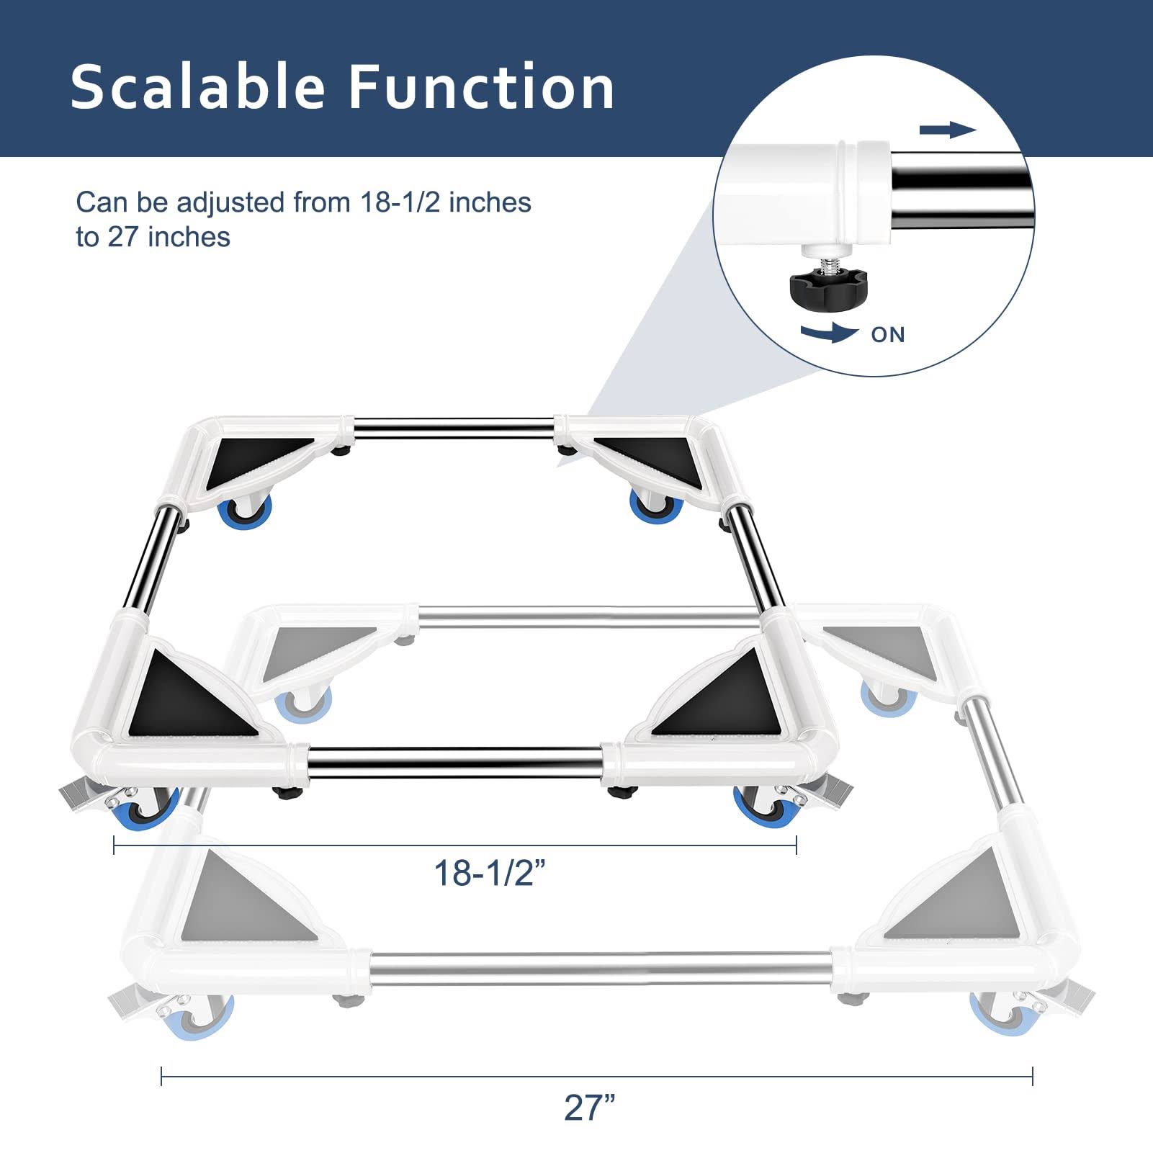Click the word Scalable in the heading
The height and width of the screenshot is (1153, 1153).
coord(198,86)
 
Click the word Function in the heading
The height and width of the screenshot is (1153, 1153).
coord(482,86)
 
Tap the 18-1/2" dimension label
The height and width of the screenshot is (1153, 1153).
coord(489,874)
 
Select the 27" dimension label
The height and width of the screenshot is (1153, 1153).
coord(590,1107)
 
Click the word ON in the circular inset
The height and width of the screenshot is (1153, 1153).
coord(888,335)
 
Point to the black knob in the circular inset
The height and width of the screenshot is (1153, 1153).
coord(828,290)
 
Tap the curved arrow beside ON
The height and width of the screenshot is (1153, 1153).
coord(829,332)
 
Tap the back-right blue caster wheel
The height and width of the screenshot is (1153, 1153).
coord(655,506)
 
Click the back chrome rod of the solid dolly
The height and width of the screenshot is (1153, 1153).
coord(454,425)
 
